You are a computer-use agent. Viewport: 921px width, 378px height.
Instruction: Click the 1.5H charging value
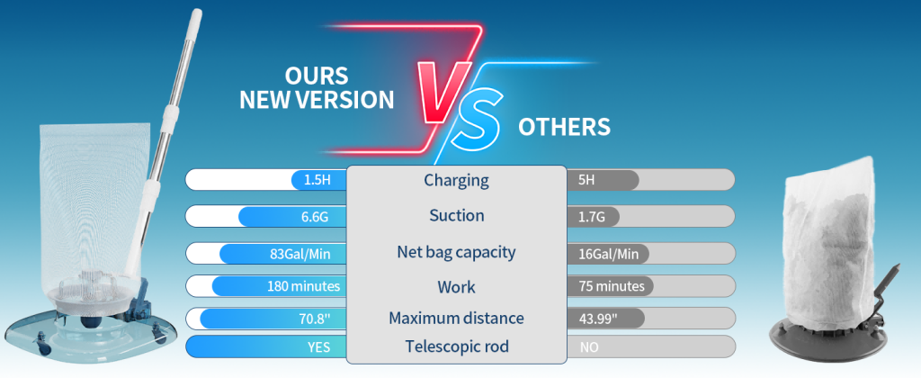pos(317,180)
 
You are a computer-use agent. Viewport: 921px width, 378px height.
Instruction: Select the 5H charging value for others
pos(586,180)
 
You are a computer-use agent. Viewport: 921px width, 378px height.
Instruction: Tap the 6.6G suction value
pos(315,217)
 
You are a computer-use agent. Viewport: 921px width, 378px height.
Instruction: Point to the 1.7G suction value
pos(592,217)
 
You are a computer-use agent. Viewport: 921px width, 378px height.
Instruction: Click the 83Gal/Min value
pos(300,254)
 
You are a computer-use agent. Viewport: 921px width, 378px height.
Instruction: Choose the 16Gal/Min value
pos(608,254)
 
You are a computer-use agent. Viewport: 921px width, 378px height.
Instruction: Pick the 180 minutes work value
pos(304,286)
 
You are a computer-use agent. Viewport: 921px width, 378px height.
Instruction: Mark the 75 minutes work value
pos(612,286)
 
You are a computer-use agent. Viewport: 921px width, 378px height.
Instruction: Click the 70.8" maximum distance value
pos(315,319)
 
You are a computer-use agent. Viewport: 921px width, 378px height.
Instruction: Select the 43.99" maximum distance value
pos(598,319)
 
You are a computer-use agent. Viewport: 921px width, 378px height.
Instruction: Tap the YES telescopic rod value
pos(319,346)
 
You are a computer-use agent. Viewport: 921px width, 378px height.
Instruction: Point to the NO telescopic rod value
pos(589,347)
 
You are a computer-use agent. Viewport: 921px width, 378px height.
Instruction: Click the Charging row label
pos(456,181)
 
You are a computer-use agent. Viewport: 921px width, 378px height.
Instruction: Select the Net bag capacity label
pos(456,252)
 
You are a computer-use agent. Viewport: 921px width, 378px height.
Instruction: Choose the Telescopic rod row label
pos(456,346)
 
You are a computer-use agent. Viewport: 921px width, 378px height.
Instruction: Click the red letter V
pos(443,91)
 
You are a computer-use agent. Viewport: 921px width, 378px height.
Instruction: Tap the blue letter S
pos(476,119)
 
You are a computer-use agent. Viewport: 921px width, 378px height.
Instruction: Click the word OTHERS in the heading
pos(564,126)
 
